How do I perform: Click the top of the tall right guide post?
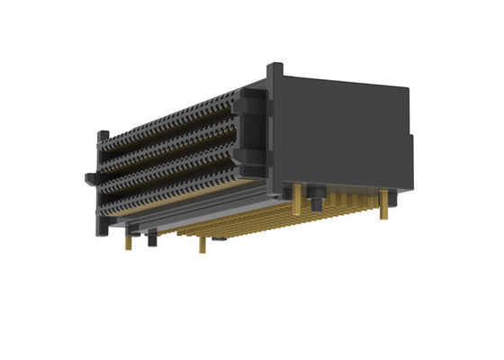coord(277,67)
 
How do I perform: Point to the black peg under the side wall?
coord(319,198)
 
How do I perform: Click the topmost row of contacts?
coord(171,126)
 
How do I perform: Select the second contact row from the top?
coord(171,148)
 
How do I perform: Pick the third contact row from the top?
coord(171,171)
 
